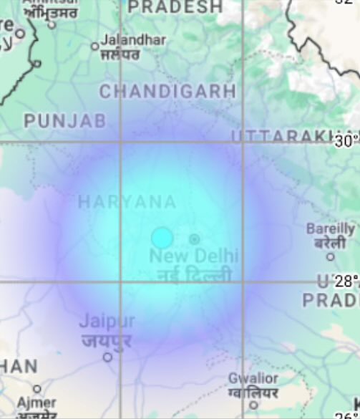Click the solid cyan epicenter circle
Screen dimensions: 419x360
click(x=162, y=238)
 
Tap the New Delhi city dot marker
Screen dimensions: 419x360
click(x=194, y=239)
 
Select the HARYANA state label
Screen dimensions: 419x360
click(x=127, y=203)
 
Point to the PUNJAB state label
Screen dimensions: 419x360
click(x=64, y=121)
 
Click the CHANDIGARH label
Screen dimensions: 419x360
click(x=167, y=92)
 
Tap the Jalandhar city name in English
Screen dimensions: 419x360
click(x=133, y=40)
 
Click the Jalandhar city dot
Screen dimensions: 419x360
click(x=94, y=47)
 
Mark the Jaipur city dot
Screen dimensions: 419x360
click(x=107, y=357)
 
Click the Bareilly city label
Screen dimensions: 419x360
click(x=330, y=229)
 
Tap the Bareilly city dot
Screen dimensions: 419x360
click(x=330, y=256)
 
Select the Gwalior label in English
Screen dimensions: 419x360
click(x=253, y=378)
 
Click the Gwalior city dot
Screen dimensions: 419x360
click(x=253, y=405)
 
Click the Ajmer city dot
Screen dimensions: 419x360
click(x=37, y=389)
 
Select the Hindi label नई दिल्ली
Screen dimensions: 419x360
click(x=190, y=274)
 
